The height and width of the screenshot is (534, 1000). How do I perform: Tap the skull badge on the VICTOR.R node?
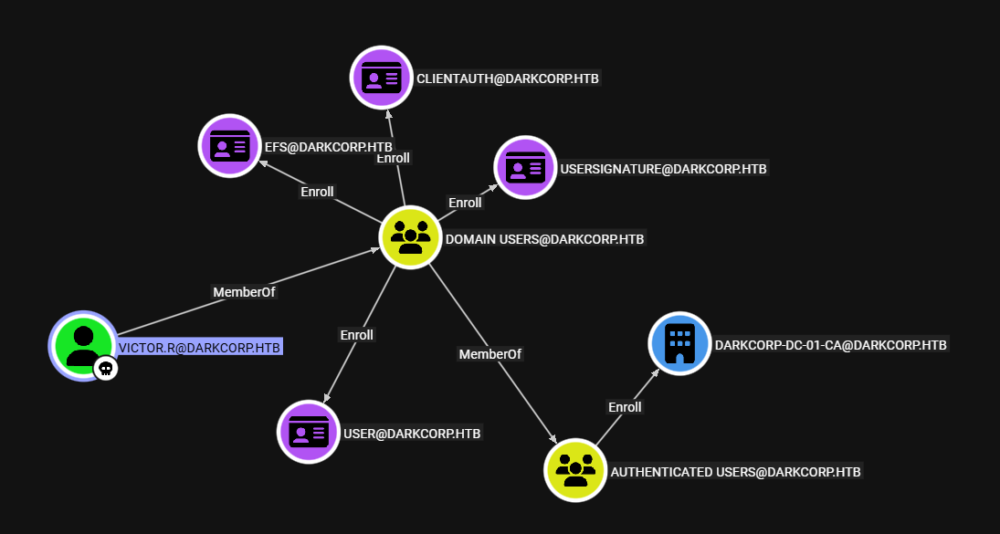click(x=106, y=368)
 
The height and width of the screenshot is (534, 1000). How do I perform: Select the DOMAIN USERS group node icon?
click(x=411, y=236)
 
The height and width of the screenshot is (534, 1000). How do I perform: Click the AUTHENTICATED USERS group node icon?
click(x=575, y=469)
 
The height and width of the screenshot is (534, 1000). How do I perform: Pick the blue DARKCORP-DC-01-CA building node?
click(x=679, y=343)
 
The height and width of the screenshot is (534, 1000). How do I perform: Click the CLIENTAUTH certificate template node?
click(x=382, y=77)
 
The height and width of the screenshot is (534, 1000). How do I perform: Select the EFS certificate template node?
click(x=230, y=145)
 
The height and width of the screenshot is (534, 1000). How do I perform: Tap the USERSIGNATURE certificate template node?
click(x=525, y=167)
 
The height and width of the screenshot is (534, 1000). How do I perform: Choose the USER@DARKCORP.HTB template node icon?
click(x=309, y=431)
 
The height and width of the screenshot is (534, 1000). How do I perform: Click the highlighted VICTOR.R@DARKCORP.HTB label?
click(x=199, y=347)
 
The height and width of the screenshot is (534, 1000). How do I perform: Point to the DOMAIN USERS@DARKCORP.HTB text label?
click(x=544, y=239)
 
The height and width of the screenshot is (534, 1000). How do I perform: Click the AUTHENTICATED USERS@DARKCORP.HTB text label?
click(x=735, y=472)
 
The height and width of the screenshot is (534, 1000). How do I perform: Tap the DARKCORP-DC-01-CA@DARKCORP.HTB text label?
click(x=831, y=345)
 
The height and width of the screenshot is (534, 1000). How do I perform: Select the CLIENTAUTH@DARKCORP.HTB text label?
click(x=507, y=79)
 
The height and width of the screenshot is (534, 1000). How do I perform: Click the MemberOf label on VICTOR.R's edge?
click(x=244, y=292)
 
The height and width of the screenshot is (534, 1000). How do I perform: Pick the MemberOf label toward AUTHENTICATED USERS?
click(x=489, y=353)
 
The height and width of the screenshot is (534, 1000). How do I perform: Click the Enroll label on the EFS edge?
click(x=317, y=192)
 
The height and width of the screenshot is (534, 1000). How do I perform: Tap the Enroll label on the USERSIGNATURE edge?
click(x=464, y=203)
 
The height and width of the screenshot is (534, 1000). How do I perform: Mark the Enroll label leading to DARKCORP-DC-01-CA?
click(x=625, y=407)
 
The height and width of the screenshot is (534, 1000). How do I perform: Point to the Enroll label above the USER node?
click(x=357, y=335)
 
